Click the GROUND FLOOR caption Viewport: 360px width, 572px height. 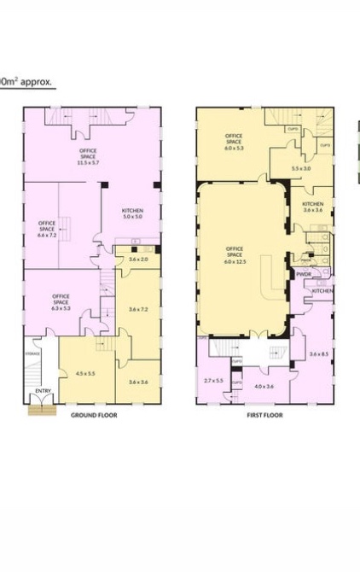point(93,415)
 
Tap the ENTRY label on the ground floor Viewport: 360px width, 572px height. point(42,392)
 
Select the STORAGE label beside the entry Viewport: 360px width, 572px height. point(33,353)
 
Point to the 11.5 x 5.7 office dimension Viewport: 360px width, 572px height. point(89,162)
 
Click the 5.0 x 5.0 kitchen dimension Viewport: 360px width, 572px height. point(131,218)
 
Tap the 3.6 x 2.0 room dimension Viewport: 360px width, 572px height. point(138,259)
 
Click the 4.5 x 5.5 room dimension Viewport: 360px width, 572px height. point(86,373)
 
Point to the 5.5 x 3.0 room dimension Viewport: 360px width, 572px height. point(301,168)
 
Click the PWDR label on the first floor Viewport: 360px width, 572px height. point(305,274)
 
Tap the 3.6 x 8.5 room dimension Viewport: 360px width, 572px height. point(319,354)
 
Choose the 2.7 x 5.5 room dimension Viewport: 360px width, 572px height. point(212,380)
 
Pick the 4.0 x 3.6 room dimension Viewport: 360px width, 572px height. point(264,387)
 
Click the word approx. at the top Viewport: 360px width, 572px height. point(37,83)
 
